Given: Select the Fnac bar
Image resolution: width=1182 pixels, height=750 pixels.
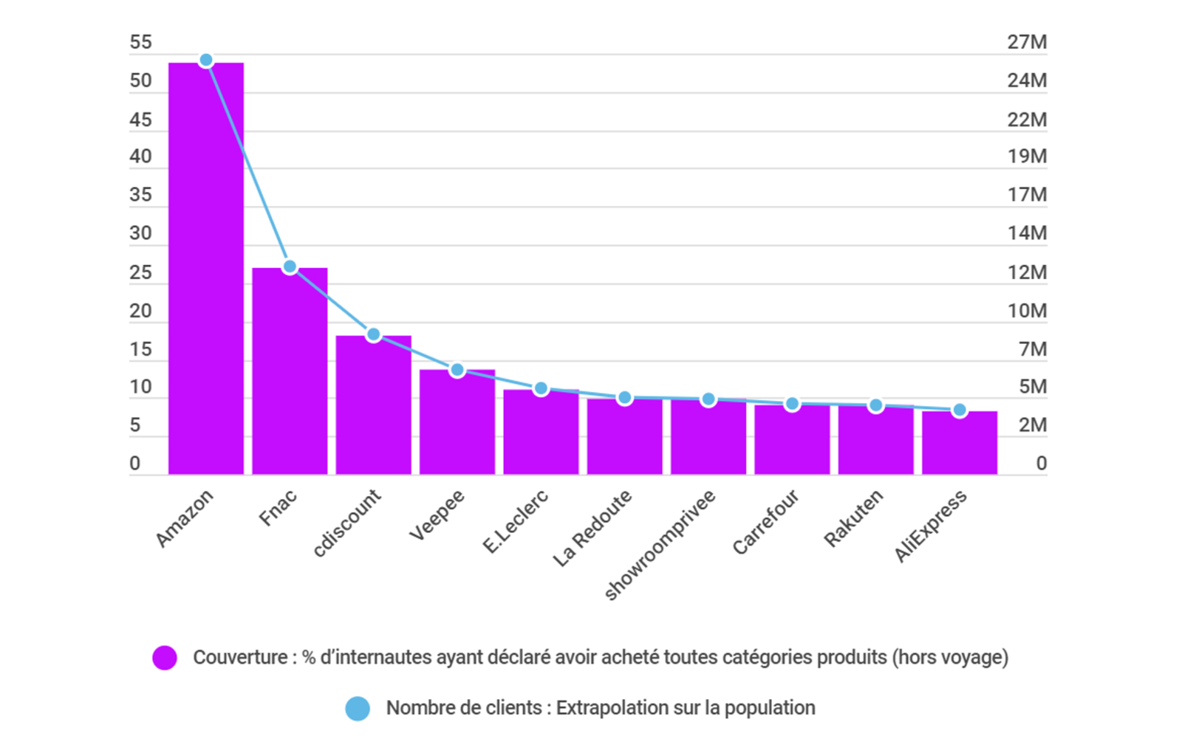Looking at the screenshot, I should (x=290, y=371).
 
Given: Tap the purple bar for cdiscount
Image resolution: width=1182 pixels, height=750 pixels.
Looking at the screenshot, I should (x=373, y=405).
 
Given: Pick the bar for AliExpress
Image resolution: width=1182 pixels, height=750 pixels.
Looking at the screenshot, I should (x=960, y=442).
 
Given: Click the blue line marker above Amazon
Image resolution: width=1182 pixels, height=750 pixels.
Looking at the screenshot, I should (x=206, y=61).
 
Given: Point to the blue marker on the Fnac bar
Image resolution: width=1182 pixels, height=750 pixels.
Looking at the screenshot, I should (x=290, y=266).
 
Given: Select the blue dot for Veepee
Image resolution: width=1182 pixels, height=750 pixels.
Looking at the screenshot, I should (x=457, y=370).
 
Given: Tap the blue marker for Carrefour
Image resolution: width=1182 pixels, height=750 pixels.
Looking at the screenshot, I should (x=792, y=404).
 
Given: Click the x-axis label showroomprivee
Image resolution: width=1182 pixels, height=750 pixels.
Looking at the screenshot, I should (x=660, y=545).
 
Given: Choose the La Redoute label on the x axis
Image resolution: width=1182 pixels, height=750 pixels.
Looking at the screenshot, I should (x=592, y=528).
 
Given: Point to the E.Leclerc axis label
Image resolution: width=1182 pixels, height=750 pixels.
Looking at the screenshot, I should (x=516, y=521).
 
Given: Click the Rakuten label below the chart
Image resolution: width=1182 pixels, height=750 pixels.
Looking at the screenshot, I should (x=853, y=518).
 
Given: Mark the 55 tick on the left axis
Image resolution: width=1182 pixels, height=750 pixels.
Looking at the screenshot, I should (x=140, y=42).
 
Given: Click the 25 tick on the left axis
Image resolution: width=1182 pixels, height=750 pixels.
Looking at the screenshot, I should (x=140, y=272).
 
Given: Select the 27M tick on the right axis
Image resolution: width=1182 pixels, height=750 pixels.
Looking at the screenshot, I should (x=1027, y=42).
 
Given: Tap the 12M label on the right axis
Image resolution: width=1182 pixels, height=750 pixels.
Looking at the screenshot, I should (x=1027, y=272).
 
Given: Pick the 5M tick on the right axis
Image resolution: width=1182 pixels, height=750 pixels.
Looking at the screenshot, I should (x=1033, y=387).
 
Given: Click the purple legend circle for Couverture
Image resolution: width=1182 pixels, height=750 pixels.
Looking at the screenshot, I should (x=165, y=658).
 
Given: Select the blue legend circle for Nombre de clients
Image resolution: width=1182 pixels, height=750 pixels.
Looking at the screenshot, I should (x=358, y=709).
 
